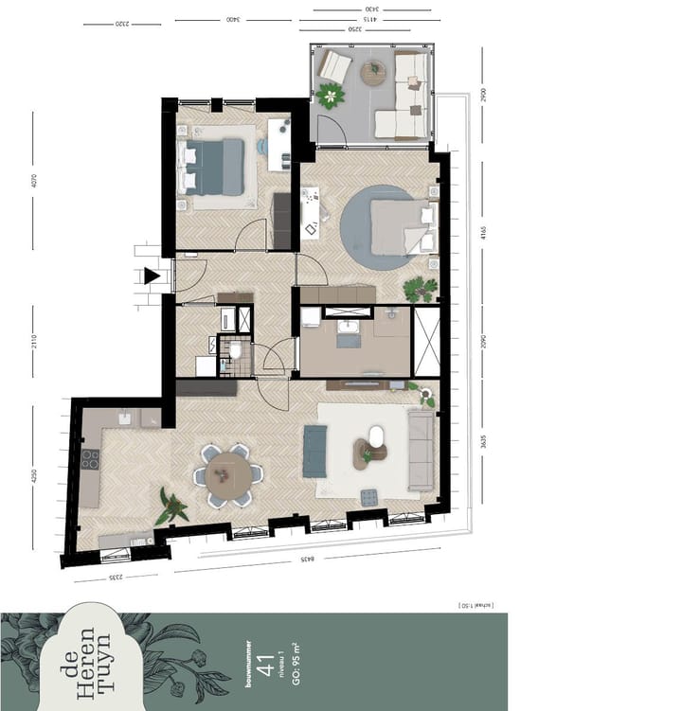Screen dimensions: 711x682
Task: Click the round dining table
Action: pos(228,473)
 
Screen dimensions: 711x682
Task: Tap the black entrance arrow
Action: pos(152,276)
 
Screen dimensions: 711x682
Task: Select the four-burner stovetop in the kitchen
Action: pos(90,459)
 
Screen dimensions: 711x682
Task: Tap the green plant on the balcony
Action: pos(331,95)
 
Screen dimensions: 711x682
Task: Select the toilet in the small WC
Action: pos(235,352)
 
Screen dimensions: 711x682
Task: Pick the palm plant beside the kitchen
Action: pos(172,507)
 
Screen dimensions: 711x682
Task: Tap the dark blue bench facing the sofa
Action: pos(314,451)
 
